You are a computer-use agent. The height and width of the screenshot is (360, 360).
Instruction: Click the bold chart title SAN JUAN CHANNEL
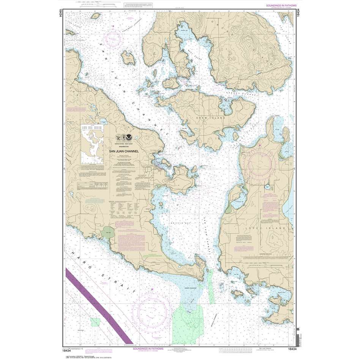[124, 151]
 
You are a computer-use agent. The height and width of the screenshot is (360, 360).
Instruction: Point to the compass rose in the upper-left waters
[113, 38]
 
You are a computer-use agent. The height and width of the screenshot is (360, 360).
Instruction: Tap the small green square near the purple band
[95, 322]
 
